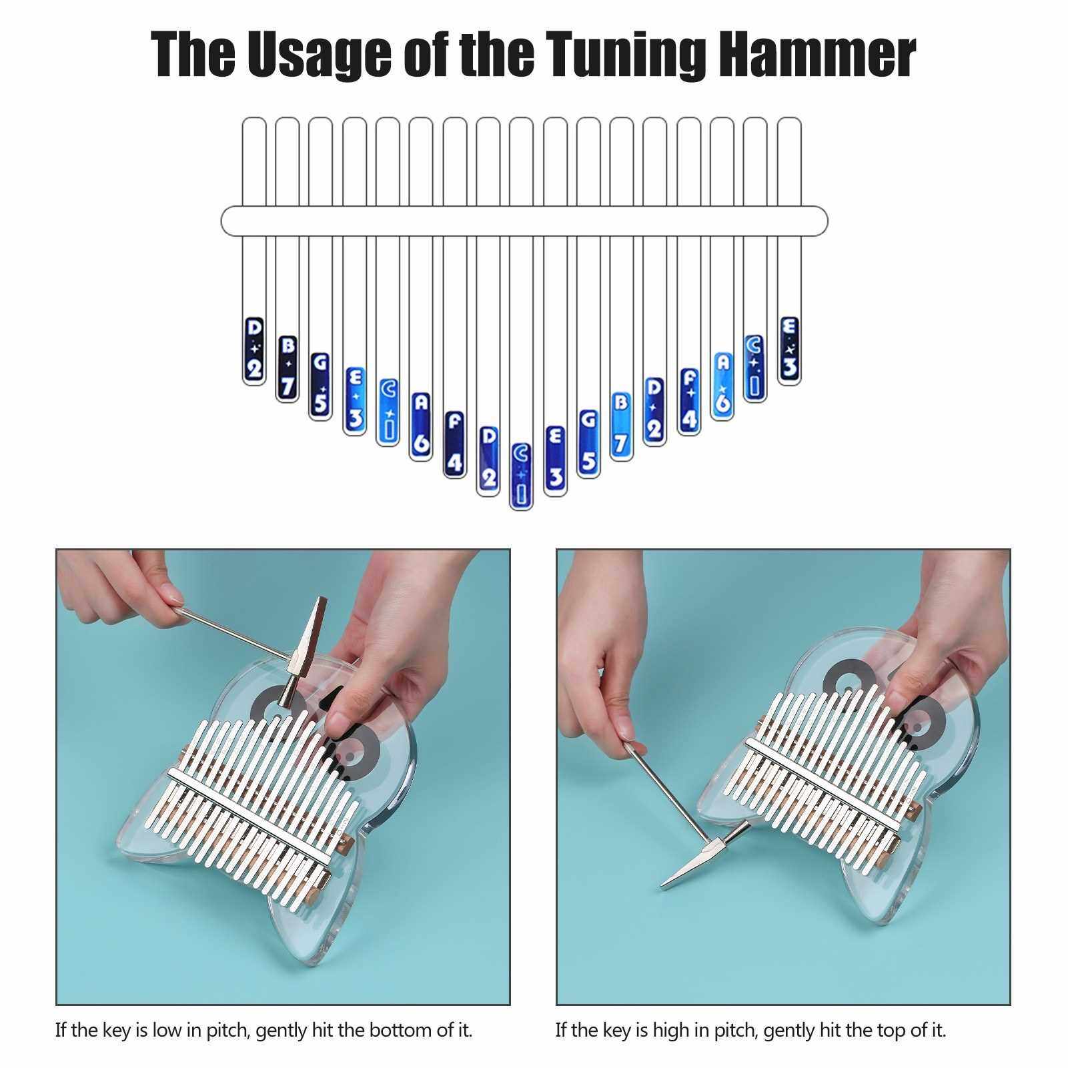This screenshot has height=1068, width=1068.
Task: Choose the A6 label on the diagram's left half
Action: pos(421,424)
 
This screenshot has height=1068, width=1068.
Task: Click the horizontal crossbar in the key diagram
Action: pos(524,221)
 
